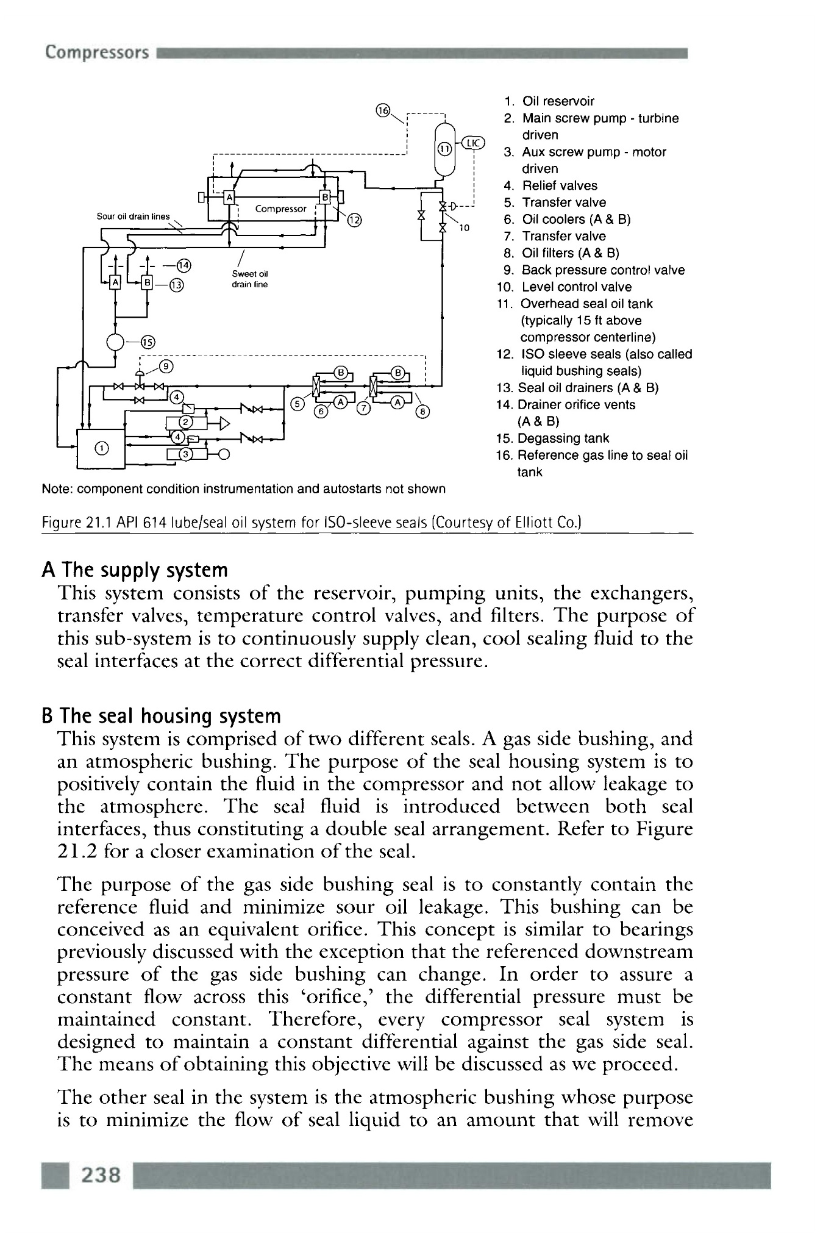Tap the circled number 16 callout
point(383,110)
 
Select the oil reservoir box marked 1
point(101,448)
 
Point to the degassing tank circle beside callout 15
point(116,342)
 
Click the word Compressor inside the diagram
point(280,209)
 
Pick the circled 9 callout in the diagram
point(166,367)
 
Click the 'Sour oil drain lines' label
point(134,217)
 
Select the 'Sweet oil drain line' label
point(249,279)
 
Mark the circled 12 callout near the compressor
point(354,221)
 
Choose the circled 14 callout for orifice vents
point(183,265)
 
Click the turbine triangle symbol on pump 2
point(223,423)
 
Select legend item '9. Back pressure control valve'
point(594,270)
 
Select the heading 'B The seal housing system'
point(161,716)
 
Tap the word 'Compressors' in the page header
point(96,52)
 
